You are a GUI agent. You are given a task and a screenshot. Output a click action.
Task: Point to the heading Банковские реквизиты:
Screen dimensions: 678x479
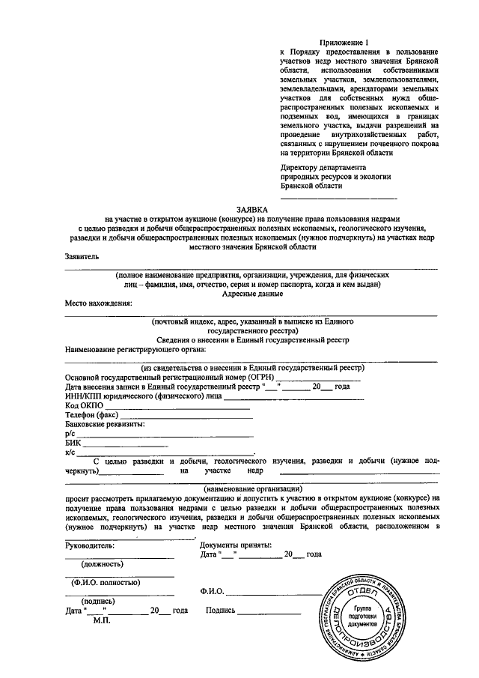click(x=105, y=424)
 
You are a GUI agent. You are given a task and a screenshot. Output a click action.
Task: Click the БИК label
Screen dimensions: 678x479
click(x=73, y=443)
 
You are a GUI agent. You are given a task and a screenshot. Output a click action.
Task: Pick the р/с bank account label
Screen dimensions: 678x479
click(x=70, y=434)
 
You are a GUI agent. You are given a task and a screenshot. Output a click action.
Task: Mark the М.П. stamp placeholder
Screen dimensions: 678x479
click(x=103, y=620)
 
